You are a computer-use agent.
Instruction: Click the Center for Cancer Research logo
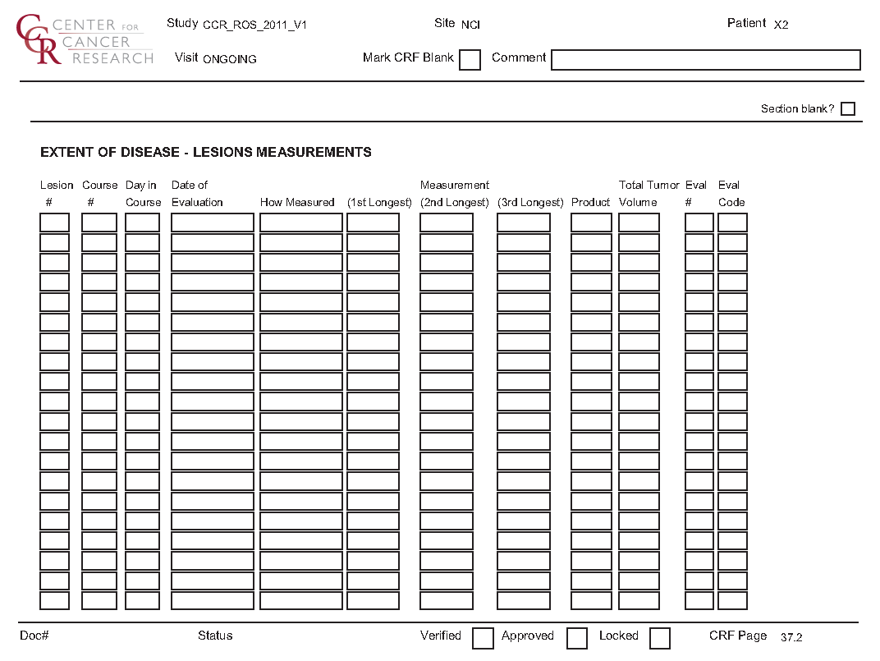(x=85, y=39)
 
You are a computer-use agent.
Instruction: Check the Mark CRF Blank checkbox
(x=470, y=60)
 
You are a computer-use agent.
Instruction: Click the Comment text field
(x=705, y=60)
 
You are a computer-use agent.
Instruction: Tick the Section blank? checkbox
(x=848, y=109)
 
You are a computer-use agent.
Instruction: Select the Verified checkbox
(x=483, y=638)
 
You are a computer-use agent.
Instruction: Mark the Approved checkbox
(x=577, y=638)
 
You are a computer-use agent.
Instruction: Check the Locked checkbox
(x=659, y=638)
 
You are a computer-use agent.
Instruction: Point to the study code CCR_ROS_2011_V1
(x=254, y=25)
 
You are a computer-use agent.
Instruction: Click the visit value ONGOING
(x=230, y=59)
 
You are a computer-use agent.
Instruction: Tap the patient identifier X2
(x=781, y=25)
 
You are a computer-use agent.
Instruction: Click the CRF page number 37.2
(x=791, y=637)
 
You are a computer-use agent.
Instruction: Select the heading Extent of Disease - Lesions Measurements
(x=205, y=152)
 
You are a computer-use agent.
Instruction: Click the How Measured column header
(x=297, y=202)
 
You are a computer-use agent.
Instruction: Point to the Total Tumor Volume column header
(x=649, y=194)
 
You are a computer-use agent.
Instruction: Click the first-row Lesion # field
(x=55, y=223)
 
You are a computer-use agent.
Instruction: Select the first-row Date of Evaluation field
(x=213, y=223)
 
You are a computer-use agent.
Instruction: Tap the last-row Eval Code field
(x=732, y=600)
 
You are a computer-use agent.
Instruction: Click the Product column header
(x=591, y=202)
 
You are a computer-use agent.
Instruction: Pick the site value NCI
(x=470, y=25)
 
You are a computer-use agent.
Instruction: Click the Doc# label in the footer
(x=34, y=636)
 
